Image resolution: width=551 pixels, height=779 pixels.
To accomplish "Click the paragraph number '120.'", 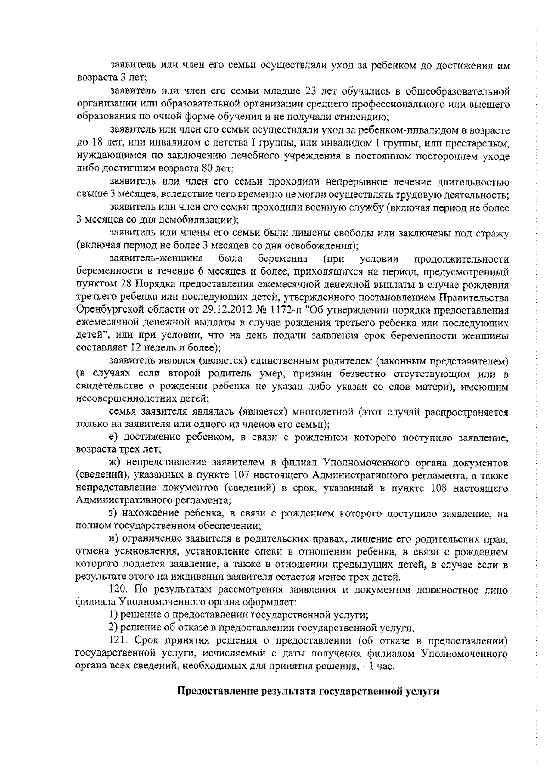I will [x=115, y=590].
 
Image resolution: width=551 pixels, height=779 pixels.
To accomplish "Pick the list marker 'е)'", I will [x=114, y=438].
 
